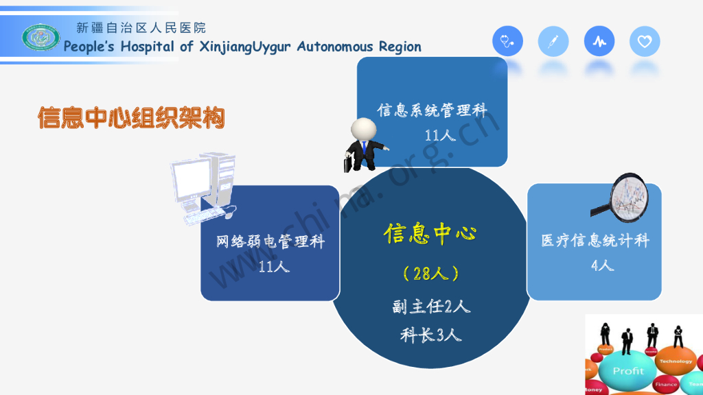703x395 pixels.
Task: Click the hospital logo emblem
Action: pyautogui.click(x=41, y=37)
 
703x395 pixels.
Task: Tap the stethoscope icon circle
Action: pyautogui.click(x=507, y=42)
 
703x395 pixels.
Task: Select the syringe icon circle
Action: pyautogui.click(x=553, y=42)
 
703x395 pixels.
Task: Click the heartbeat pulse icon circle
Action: pyautogui.click(x=599, y=42)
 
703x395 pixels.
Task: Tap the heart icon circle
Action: pyautogui.click(x=645, y=42)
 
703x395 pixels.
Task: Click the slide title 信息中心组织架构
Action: pyautogui.click(x=131, y=118)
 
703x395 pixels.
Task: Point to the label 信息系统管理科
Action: pyautogui.click(x=432, y=110)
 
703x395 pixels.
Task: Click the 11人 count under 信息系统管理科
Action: pyautogui.click(x=440, y=135)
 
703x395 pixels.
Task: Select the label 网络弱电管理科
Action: pyautogui.click(x=270, y=241)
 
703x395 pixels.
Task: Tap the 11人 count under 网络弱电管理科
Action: pyautogui.click(x=274, y=266)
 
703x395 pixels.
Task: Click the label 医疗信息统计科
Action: pyautogui.click(x=595, y=241)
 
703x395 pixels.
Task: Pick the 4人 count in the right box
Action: pyautogui.click(x=602, y=265)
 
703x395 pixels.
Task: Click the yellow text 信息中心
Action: pyautogui.click(x=430, y=235)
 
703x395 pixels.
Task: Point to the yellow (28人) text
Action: pyautogui.click(x=431, y=274)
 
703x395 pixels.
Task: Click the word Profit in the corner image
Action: pyautogui.click(x=628, y=371)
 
